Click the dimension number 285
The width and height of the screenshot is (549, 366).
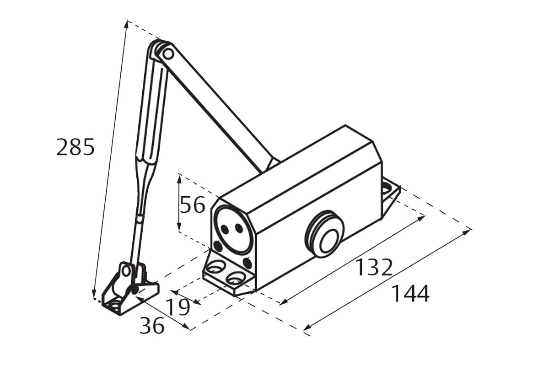coord(75,147)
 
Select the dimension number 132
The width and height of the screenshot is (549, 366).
coord(373,267)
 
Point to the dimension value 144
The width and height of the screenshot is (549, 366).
coord(410,293)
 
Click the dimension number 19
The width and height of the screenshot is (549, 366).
coord(178,307)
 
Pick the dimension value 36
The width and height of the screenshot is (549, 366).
coord(152,325)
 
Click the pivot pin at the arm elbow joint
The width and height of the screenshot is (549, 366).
coord(167,54)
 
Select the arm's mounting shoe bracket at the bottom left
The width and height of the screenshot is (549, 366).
coord(129,289)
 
